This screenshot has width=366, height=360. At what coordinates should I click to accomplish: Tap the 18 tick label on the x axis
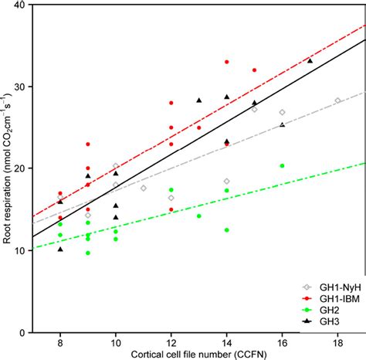[x=337, y=342]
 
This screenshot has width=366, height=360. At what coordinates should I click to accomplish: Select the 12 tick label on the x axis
[x=171, y=342]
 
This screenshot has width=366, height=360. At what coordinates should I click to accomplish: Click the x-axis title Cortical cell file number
[x=198, y=354]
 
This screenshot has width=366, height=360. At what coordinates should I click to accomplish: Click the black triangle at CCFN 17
[x=310, y=60]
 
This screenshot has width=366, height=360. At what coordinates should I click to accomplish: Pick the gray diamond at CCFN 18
[x=337, y=100]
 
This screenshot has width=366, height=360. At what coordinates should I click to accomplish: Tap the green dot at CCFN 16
[x=283, y=165]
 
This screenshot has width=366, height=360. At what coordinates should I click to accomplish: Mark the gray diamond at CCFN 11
[x=143, y=188]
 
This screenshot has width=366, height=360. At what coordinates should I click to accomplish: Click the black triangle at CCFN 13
[x=198, y=100]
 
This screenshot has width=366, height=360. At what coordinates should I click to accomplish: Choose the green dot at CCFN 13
[x=198, y=216]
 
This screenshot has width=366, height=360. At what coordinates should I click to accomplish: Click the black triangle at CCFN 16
[x=283, y=124]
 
